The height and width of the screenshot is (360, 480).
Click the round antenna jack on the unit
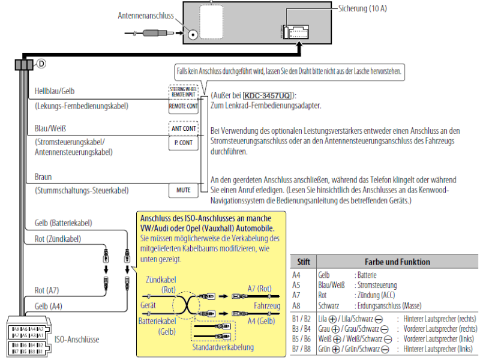pyautogui.click(x=193, y=35)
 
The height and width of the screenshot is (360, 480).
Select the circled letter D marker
pyautogui.click(x=42, y=63)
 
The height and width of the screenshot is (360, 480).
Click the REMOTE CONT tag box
pyautogui.click(x=183, y=106)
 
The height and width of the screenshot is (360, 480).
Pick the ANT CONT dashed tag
pyautogui.click(x=183, y=128)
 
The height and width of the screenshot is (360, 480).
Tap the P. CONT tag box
pyautogui.click(x=183, y=143)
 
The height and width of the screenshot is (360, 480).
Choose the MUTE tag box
pyautogui.click(x=183, y=191)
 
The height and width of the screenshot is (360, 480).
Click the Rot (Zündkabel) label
pyautogui.click(x=53, y=239)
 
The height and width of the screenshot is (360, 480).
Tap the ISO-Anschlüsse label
pyautogui.click(x=77, y=339)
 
